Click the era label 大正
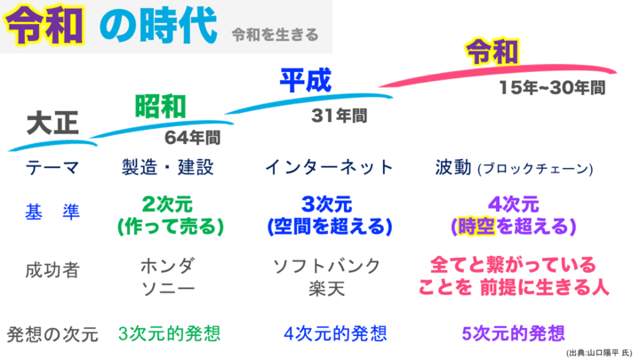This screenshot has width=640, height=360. click(52, 123)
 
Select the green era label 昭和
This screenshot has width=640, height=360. click(160, 107)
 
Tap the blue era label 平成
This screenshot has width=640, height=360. click(305, 80)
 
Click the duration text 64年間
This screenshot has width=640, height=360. click(192, 138)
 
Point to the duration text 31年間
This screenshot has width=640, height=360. click(340, 116)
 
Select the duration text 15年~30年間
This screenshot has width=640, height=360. click(552, 87)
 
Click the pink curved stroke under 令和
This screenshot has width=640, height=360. click(498, 74)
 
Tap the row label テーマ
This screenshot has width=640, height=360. click(52, 167)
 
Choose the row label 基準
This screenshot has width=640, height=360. click(52, 212)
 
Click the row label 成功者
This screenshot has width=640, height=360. click(52, 270)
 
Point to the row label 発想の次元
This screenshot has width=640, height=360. click(52, 334)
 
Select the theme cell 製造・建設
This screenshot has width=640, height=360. click(168, 167)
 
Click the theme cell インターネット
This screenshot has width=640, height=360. click(329, 167)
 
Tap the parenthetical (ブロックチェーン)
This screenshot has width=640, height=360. click(535, 169)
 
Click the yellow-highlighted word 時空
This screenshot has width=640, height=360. click(476, 226)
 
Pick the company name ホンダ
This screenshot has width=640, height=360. click(168, 266)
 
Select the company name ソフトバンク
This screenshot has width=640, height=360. click(327, 266)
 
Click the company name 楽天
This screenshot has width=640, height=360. click(327, 289)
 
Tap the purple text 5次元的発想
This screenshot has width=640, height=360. click(514, 333)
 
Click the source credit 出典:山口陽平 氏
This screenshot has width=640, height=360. click(599, 353)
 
